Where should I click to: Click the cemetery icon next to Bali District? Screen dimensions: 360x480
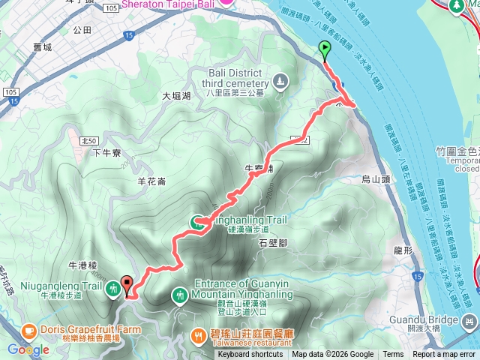(280, 80)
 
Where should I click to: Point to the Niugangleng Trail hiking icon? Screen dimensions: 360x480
(112, 287)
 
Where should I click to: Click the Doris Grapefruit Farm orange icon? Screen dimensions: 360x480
(28, 330)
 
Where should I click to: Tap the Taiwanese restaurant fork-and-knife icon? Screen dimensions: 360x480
(196, 335)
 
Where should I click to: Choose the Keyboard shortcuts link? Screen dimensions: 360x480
(250, 355)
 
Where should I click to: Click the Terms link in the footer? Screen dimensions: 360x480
(393, 355)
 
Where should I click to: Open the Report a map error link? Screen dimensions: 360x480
(444, 355)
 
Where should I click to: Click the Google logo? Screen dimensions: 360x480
(28, 349)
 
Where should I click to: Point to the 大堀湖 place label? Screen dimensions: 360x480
(177, 97)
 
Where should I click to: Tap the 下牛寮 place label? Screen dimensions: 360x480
(106, 153)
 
